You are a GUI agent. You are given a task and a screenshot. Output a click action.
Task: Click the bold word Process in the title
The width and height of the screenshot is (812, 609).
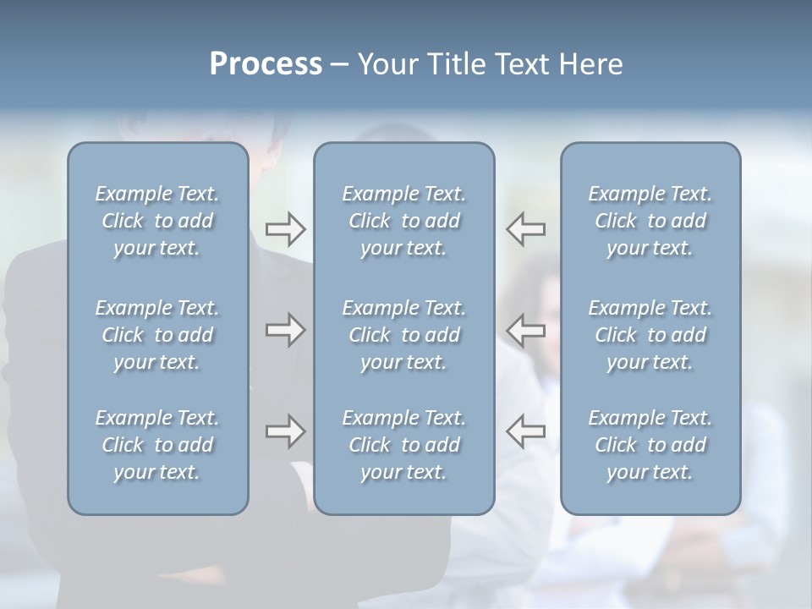[x=266, y=64]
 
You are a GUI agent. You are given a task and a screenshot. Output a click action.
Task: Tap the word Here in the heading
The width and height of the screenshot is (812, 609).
[x=590, y=64]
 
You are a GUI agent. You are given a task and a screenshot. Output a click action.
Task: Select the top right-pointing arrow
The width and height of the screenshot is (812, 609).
[x=285, y=229]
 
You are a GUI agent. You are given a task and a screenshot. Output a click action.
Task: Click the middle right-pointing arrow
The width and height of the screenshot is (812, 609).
[x=285, y=330]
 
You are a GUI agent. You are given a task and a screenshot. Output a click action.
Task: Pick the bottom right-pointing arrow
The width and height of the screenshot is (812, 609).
[x=285, y=431]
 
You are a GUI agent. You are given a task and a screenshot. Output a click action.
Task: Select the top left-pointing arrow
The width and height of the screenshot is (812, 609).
[x=526, y=229]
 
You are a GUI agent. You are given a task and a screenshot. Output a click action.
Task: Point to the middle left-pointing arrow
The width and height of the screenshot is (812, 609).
[x=526, y=330]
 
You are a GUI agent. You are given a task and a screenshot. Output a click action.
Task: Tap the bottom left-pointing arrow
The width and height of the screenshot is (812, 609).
[x=526, y=431]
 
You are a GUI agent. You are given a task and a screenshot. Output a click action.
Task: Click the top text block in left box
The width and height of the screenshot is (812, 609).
[x=157, y=221]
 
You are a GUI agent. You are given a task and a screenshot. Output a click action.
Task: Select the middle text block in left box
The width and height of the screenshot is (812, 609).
[x=157, y=335]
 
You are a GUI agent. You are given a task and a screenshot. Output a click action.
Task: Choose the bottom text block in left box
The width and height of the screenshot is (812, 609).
[x=157, y=445]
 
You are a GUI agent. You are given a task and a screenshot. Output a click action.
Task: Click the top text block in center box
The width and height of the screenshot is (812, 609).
[x=403, y=221]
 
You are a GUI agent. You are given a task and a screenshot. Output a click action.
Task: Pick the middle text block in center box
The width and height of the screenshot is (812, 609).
[x=403, y=335]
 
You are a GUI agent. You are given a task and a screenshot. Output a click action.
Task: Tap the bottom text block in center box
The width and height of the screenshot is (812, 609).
[x=403, y=445]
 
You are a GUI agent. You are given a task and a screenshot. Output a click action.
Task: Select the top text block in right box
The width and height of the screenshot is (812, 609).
[x=650, y=221]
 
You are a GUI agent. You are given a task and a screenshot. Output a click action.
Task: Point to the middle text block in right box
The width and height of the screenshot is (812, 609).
[x=650, y=335]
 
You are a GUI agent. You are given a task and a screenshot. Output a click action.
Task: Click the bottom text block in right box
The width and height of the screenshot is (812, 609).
[x=650, y=445]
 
